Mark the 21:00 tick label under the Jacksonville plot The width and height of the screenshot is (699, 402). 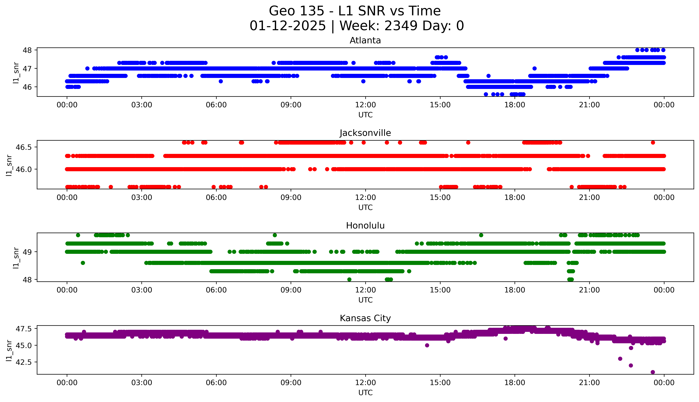tap(589, 197)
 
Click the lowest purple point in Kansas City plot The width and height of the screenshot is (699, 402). tap(653, 372)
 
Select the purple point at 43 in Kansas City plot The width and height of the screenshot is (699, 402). tap(620, 359)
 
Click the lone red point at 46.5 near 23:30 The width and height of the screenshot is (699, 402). tap(653, 142)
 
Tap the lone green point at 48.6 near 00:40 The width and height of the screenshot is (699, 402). tap(83, 263)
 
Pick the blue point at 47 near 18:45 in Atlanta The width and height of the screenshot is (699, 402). tap(534, 69)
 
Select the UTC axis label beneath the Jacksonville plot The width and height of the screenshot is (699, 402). tap(365, 207)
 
